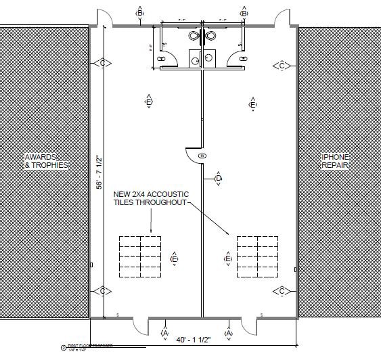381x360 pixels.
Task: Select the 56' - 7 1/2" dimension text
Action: click(x=99, y=172)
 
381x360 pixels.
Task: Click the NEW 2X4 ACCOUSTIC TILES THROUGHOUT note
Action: click(x=151, y=198)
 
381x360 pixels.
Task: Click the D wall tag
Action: click(x=218, y=179)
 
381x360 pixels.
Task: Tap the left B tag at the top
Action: click(x=140, y=13)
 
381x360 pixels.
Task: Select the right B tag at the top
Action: click(x=244, y=13)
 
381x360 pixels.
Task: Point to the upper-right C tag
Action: click(x=281, y=65)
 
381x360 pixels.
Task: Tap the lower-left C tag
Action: click(x=103, y=291)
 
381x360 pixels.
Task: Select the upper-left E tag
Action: click(x=148, y=102)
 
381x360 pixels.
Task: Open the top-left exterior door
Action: click(x=102, y=19)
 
